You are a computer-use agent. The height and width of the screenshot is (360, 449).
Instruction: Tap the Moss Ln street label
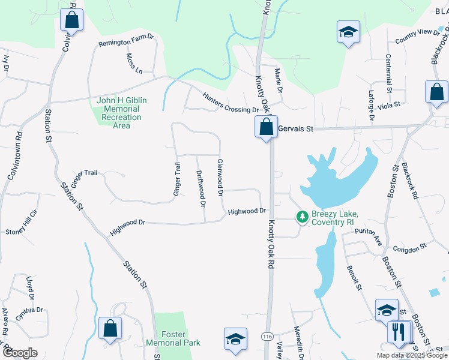click(134, 63)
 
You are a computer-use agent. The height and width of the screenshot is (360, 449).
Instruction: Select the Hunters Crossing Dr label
click(230, 102)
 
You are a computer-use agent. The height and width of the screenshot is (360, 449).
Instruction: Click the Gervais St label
click(296, 128)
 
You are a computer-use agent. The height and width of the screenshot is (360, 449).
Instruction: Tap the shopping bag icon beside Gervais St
click(265, 127)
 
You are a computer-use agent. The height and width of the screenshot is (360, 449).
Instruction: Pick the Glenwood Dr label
click(220, 178)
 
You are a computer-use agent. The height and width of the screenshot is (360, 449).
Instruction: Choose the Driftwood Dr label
click(202, 188)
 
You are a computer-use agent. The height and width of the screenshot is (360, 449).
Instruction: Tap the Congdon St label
click(409, 246)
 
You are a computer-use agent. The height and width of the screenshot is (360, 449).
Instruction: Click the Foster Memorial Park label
click(172, 338)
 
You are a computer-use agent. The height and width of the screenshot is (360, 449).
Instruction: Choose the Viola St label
click(390, 107)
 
